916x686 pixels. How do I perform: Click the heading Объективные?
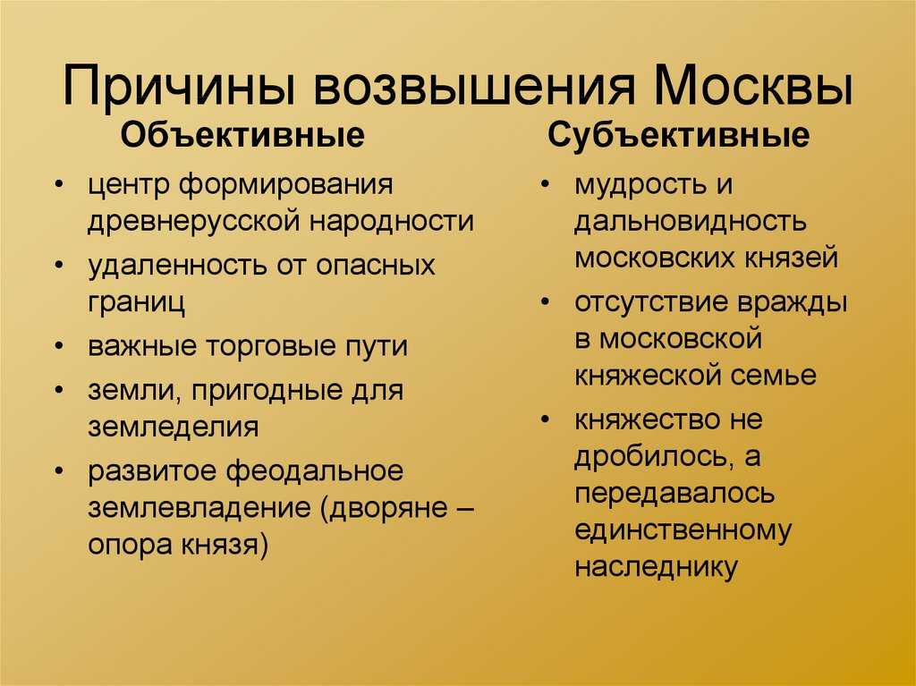pos(242,136)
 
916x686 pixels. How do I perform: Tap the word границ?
pos(136,302)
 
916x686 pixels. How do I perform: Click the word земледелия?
pos(174,427)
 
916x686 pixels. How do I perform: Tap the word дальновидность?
pos(691,222)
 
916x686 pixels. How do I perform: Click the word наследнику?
pos(656,567)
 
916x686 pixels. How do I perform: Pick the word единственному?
pos(683,529)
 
